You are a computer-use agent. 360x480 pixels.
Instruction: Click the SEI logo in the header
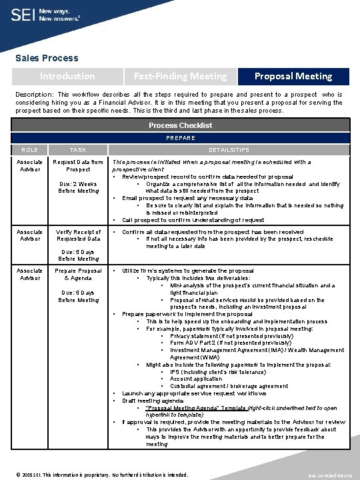[24, 15]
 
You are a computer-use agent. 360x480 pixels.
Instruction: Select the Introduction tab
[67, 76]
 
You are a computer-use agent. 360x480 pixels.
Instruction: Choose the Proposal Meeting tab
[294, 76]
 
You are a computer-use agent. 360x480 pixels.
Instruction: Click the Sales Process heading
[47, 58]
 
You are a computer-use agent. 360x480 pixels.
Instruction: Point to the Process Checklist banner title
[180, 125]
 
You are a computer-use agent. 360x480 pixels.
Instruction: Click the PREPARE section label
[180, 138]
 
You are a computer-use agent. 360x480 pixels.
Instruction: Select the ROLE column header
[30, 151]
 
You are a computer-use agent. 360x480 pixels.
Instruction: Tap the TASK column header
[78, 151]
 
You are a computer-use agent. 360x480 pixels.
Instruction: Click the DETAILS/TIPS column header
[228, 151]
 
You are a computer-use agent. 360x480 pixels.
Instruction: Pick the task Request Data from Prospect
[78, 165]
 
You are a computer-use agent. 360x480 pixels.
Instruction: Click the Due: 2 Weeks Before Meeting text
[78, 187]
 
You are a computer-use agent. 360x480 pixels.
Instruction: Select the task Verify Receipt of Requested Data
[78, 235]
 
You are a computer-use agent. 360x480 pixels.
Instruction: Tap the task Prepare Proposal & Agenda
[78, 275]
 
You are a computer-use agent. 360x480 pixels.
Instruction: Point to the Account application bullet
[196, 379]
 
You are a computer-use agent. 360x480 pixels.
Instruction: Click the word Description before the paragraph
[36, 95]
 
